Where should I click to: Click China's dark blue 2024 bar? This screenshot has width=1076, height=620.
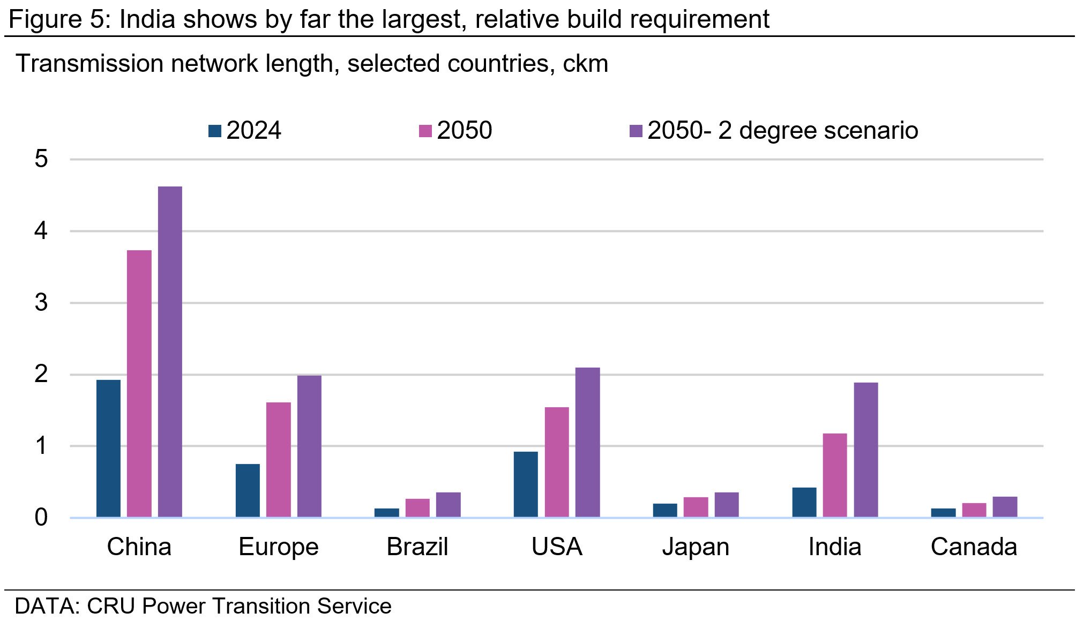click(108, 449)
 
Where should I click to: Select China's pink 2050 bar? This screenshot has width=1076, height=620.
click(139, 384)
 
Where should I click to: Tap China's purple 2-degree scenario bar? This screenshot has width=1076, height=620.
click(170, 352)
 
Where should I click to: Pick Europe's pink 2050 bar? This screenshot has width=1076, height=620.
click(279, 460)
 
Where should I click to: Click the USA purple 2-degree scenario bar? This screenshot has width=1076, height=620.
click(588, 442)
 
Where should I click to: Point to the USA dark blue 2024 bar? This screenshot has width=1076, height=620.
click(526, 484)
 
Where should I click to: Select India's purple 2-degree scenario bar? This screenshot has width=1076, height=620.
click(866, 450)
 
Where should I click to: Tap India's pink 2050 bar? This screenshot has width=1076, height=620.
click(835, 475)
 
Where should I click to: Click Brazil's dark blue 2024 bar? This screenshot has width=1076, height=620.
click(387, 513)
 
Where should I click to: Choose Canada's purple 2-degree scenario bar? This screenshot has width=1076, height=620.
click(1005, 507)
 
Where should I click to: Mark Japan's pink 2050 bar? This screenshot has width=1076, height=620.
click(696, 507)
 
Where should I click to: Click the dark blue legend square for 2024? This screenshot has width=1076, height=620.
click(215, 131)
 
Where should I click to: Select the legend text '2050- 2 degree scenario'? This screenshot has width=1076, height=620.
click(783, 131)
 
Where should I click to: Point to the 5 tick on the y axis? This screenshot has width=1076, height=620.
click(41, 159)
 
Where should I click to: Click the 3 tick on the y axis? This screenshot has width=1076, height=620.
click(41, 303)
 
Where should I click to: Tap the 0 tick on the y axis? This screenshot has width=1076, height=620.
click(41, 518)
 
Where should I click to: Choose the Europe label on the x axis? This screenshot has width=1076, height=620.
click(279, 547)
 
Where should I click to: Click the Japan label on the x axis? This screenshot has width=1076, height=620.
click(696, 547)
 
